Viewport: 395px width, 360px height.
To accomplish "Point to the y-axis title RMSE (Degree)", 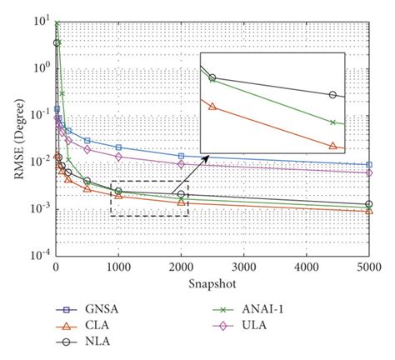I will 12,138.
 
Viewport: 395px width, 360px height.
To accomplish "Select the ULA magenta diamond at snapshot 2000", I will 181,164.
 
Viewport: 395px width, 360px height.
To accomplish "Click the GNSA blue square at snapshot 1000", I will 118,147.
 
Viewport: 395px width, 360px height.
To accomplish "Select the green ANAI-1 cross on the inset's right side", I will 333,122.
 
